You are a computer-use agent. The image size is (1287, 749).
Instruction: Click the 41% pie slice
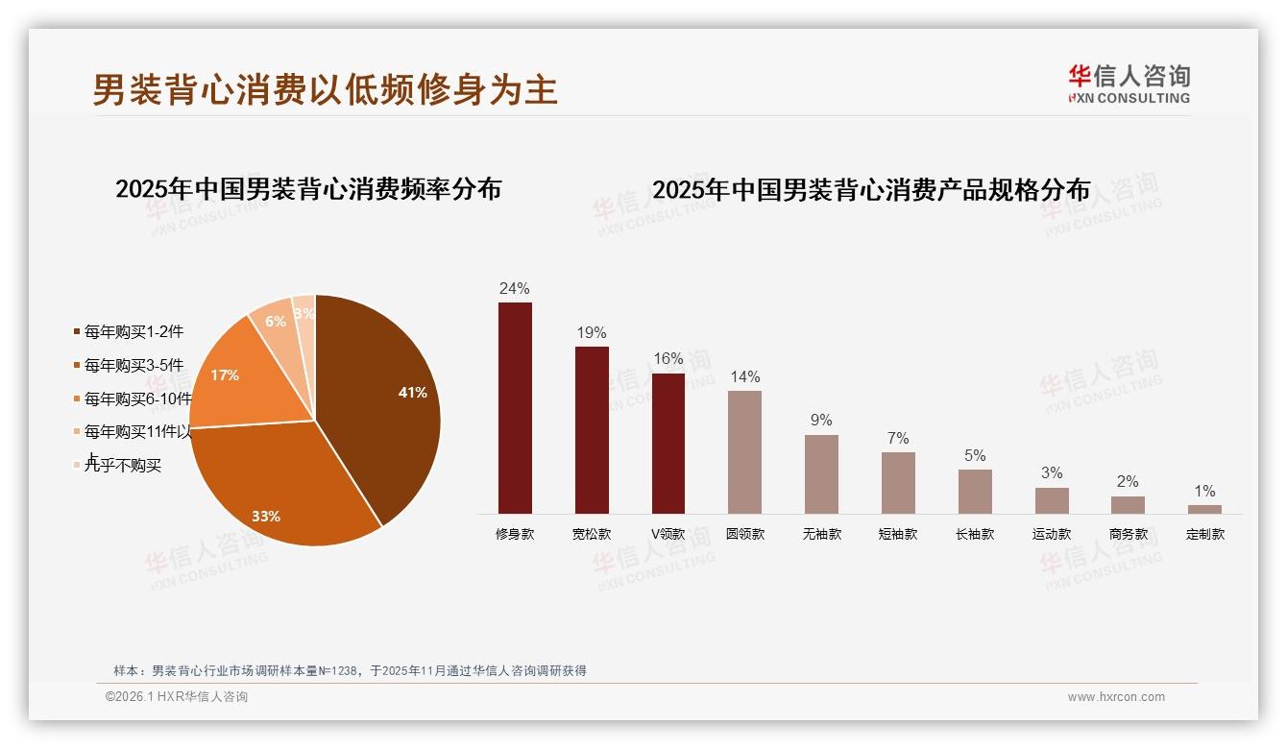pos(384,394)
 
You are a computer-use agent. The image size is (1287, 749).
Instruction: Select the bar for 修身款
pos(515,408)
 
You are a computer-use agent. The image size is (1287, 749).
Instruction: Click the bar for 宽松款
pos(592,430)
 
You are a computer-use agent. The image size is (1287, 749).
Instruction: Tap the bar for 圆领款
pos(744,452)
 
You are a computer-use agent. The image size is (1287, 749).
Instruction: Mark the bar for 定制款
pos(1204,509)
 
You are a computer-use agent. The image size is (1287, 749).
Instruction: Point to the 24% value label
pos(514,289)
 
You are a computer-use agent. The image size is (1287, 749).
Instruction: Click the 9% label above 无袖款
pos(821,421)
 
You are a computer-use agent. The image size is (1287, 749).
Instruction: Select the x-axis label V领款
pos(668,535)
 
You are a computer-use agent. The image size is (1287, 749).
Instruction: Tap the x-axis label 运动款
pos(1052,535)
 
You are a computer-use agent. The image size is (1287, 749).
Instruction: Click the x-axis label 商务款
pos(1129,535)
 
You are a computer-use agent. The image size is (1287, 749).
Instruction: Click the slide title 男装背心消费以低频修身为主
pos(325,90)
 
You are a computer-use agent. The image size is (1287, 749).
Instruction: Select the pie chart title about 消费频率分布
pos(308,189)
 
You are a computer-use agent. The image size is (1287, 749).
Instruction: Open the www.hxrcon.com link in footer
pos(1116,697)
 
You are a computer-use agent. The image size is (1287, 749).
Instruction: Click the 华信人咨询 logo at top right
pos(1129,84)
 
